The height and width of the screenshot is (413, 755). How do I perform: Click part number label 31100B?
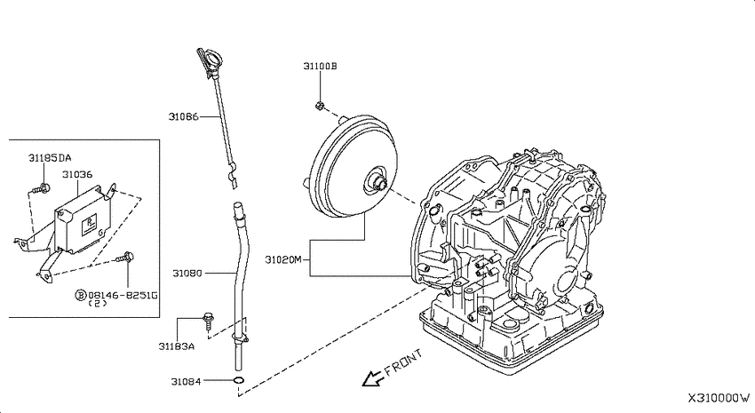click(x=320, y=66)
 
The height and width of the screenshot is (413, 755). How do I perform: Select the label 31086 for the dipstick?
click(x=184, y=116)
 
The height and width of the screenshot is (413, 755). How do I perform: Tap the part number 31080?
click(x=187, y=274)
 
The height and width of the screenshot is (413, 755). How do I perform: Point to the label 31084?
click(x=186, y=382)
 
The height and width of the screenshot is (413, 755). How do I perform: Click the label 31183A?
click(x=177, y=346)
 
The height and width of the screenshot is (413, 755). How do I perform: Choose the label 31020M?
click(x=283, y=260)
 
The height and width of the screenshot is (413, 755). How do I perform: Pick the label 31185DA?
click(x=50, y=158)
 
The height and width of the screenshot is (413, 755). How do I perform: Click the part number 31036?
click(x=77, y=174)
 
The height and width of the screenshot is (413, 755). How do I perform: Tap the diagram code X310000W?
click(x=719, y=398)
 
